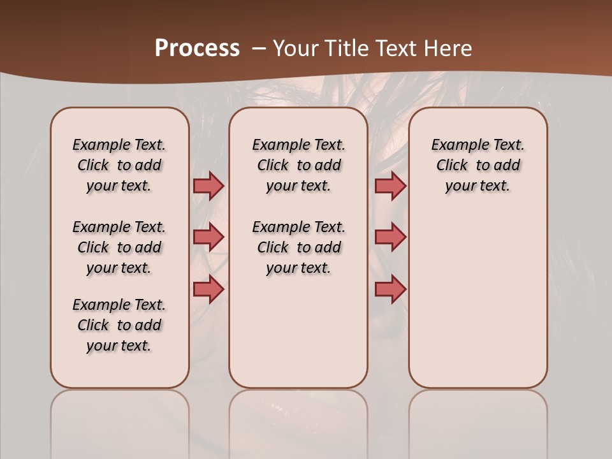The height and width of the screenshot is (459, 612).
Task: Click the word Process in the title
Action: click(x=197, y=48)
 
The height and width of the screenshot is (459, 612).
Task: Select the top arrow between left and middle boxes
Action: click(x=208, y=186)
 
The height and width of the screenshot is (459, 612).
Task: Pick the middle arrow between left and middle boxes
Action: click(x=208, y=237)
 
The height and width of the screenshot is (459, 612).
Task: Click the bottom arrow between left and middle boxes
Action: click(x=208, y=289)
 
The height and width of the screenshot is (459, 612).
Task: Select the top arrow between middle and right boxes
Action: click(x=390, y=186)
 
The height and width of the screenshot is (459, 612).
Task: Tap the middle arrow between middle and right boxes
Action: click(x=390, y=237)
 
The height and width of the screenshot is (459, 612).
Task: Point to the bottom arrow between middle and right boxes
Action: click(x=390, y=289)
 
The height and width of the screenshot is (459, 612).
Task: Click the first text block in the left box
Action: click(x=119, y=165)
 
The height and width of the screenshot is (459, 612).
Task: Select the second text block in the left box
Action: click(x=119, y=247)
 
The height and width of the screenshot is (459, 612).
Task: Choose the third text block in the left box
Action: click(x=119, y=325)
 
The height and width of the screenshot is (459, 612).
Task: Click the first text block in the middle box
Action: click(x=298, y=165)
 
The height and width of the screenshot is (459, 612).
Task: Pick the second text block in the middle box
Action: click(x=298, y=247)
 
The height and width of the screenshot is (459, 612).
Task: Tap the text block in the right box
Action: click(x=477, y=165)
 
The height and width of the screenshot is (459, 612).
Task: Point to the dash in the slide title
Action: click(x=259, y=48)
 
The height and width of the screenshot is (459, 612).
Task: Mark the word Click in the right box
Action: click(x=452, y=166)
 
